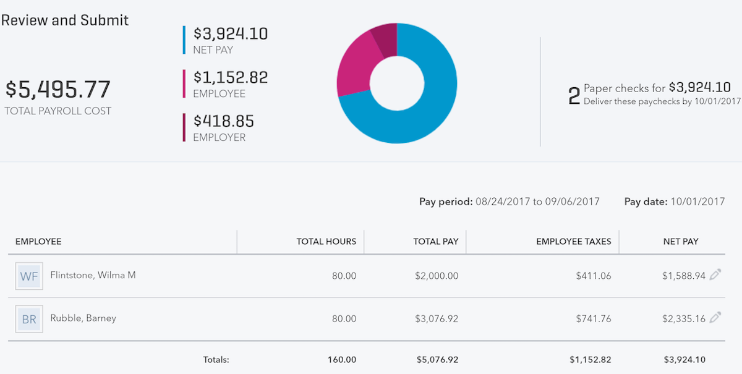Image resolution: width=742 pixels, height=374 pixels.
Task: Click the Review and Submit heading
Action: pyautogui.click(x=65, y=20)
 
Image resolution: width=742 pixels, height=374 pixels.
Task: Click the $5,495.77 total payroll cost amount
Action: pyautogui.click(x=58, y=90)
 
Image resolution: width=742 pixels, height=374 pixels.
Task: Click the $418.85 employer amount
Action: pyautogui.click(x=223, y=121)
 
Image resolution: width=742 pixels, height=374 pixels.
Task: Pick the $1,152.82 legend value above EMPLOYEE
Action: pyautogui.click(x=230, y=77)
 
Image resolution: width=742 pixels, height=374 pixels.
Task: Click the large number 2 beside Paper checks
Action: pyautogui.click(x=574, y=96)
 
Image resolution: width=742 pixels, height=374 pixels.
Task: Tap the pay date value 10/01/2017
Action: pyautogui.click(x=697, y=202)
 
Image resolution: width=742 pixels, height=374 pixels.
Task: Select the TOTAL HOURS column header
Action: pyautogui.click(x=326, y=242)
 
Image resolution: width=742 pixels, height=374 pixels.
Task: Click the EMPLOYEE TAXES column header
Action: pyautogui.click(x=573, y=242)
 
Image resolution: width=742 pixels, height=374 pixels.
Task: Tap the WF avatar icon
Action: pyautogui.click(x=29, y=276)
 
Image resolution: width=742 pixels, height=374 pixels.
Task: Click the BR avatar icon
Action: pyautogui.click(x=29, y=319)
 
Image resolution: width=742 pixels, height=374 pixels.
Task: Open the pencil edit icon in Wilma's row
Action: pyautogui.click(x=715, y=275)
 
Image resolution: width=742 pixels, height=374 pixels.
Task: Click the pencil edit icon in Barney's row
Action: pyautogui.click(x=715, y=318)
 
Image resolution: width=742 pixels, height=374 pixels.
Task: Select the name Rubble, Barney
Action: pyautogui.click(x=83, y=318)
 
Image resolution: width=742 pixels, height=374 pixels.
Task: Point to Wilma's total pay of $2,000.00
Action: pyautogui.click(x=437, y=276)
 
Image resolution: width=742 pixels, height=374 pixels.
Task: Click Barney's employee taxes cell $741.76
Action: pyautogui.click(x=593, y=319)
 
